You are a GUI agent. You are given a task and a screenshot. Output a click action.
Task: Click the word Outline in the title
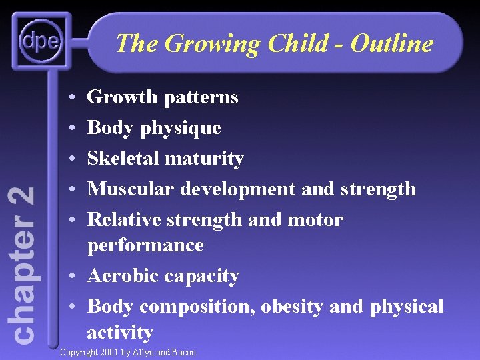[392, 44]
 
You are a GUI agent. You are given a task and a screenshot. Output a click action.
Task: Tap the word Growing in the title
[213, 44]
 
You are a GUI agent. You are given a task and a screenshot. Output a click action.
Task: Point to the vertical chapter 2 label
[24, 265]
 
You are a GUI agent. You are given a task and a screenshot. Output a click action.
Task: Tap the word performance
[145, 245]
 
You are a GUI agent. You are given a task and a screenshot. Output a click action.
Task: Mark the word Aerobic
[125, 276]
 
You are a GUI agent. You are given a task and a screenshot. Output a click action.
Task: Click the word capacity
[205, 276]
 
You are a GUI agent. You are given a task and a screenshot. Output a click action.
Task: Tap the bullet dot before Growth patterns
[71, 98]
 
